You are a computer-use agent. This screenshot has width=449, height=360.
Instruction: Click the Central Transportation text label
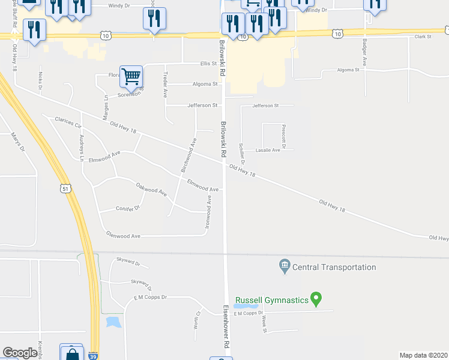335,267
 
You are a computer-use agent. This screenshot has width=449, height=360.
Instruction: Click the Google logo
20,353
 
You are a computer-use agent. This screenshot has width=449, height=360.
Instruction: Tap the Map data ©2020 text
423,355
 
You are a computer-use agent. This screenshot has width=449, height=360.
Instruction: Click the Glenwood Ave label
123,236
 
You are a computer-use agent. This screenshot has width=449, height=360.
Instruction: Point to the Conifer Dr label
127,208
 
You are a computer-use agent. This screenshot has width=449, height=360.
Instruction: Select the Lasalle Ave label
268,150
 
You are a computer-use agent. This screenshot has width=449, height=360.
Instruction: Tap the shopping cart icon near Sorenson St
131,77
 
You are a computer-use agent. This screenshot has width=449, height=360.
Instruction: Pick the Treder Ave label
165,85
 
